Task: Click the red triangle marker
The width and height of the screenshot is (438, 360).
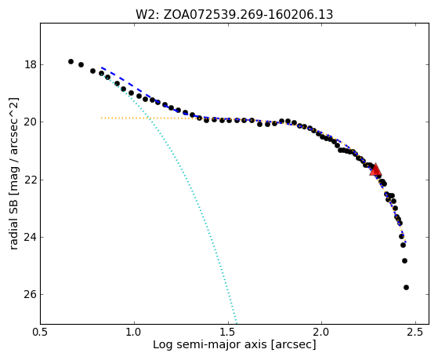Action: (x=375, y=169)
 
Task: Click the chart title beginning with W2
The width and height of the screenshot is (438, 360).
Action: (x=234, y=14)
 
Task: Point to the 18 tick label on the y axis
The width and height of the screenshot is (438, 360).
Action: (x=31, y=64)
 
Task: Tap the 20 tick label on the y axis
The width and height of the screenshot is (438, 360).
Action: (x=31, y=122)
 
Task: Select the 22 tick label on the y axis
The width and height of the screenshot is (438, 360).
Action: (x=31, y=180)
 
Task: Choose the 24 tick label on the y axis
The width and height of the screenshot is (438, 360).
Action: (x=31, y=237)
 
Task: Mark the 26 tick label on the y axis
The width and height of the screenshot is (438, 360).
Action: (x=31, y=295)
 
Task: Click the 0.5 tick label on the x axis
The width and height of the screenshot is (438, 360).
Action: (x=41, y=333)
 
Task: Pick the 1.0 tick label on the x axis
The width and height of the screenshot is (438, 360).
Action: (x=134, y=333)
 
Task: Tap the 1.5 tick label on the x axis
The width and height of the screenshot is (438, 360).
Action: (x=228, y=333)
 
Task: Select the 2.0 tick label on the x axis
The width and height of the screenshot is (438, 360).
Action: (x=322, y=333)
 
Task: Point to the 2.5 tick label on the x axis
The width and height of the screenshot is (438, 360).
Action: (x=415, y=333)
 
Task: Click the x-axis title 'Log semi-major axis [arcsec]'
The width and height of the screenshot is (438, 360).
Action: (x=234, y=345)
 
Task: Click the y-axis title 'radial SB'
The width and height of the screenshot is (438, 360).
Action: (x=13, y=216)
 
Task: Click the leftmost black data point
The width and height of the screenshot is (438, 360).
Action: (x=71, y=61)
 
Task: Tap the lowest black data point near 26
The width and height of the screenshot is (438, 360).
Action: (x=406, y=288)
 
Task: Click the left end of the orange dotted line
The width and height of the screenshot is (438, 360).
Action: (x=102, y=118)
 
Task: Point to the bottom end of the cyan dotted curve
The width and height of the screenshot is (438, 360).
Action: (x=237, y=322)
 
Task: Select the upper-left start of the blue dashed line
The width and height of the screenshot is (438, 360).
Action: (x=102, y=67)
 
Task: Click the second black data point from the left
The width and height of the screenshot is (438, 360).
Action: (x=81, y=65)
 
